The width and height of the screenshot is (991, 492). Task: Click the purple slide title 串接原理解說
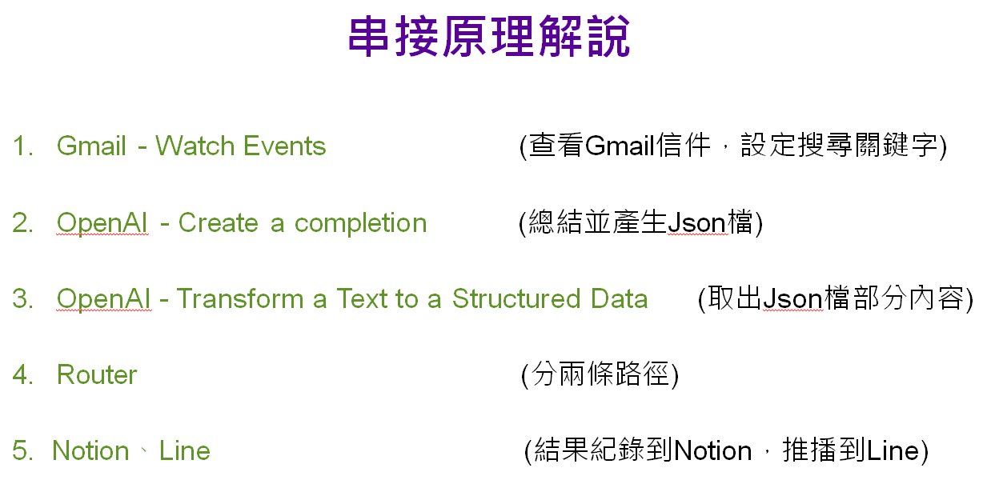coord(489,36)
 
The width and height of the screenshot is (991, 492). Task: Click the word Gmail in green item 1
coord(91,146)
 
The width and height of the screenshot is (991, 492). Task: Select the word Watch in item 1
coord(195,146)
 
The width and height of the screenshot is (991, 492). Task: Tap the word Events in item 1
coord(284,146)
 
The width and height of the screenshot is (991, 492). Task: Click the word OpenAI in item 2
coord(102,222)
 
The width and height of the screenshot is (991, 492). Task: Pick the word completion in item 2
coord(360,223)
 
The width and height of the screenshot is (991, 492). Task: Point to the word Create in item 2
coord(218,222)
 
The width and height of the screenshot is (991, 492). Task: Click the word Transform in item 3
coord(240,298)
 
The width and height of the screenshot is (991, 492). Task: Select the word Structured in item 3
coord(516,298)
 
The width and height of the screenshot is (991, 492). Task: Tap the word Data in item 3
coord(620,298)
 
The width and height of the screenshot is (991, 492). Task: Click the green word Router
coord(97,375)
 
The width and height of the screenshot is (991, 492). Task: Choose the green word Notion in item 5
coord(90,451)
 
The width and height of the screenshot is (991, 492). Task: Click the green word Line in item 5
coord(184,451)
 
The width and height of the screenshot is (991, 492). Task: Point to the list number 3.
coord(22,298)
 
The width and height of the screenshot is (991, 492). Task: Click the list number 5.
coord(22,451)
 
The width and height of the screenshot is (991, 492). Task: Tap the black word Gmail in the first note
coord(620,146)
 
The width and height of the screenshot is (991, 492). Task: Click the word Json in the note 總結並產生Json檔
coord(696,222)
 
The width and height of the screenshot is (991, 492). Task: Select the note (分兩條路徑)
coord(600,375)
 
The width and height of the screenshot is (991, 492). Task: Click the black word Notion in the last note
coord(712,451)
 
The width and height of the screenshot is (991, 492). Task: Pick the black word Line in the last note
coord(893,451)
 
